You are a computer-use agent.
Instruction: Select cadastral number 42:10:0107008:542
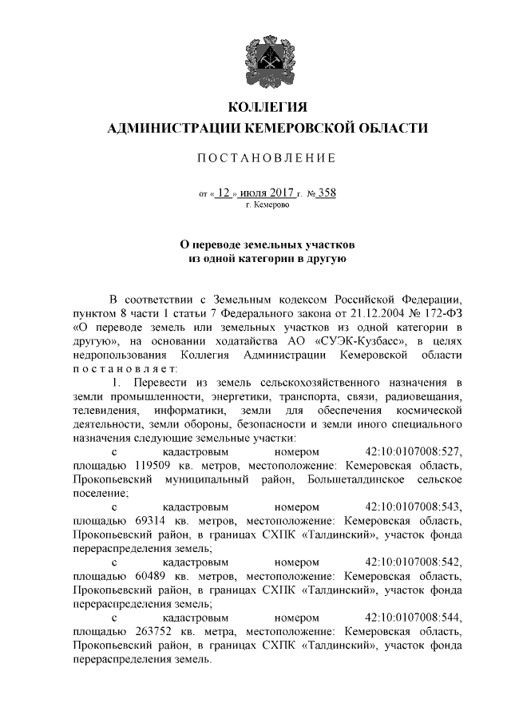[x=414, y=561]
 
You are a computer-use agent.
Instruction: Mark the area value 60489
[x=142, y=574]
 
